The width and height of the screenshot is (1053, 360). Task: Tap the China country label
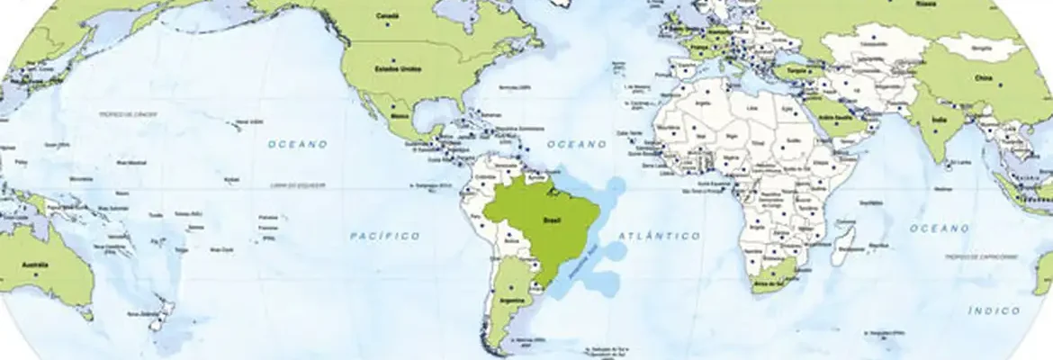click(x=982, y=78)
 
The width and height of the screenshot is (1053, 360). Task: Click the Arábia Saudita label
click(x=829, y=117)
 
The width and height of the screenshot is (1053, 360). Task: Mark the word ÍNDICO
click(x=994, y=310)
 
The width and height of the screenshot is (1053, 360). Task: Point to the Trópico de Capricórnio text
click(x=981, y=256)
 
